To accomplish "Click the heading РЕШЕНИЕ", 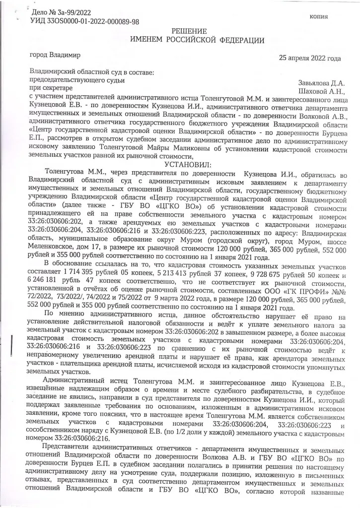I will [189, 31].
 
